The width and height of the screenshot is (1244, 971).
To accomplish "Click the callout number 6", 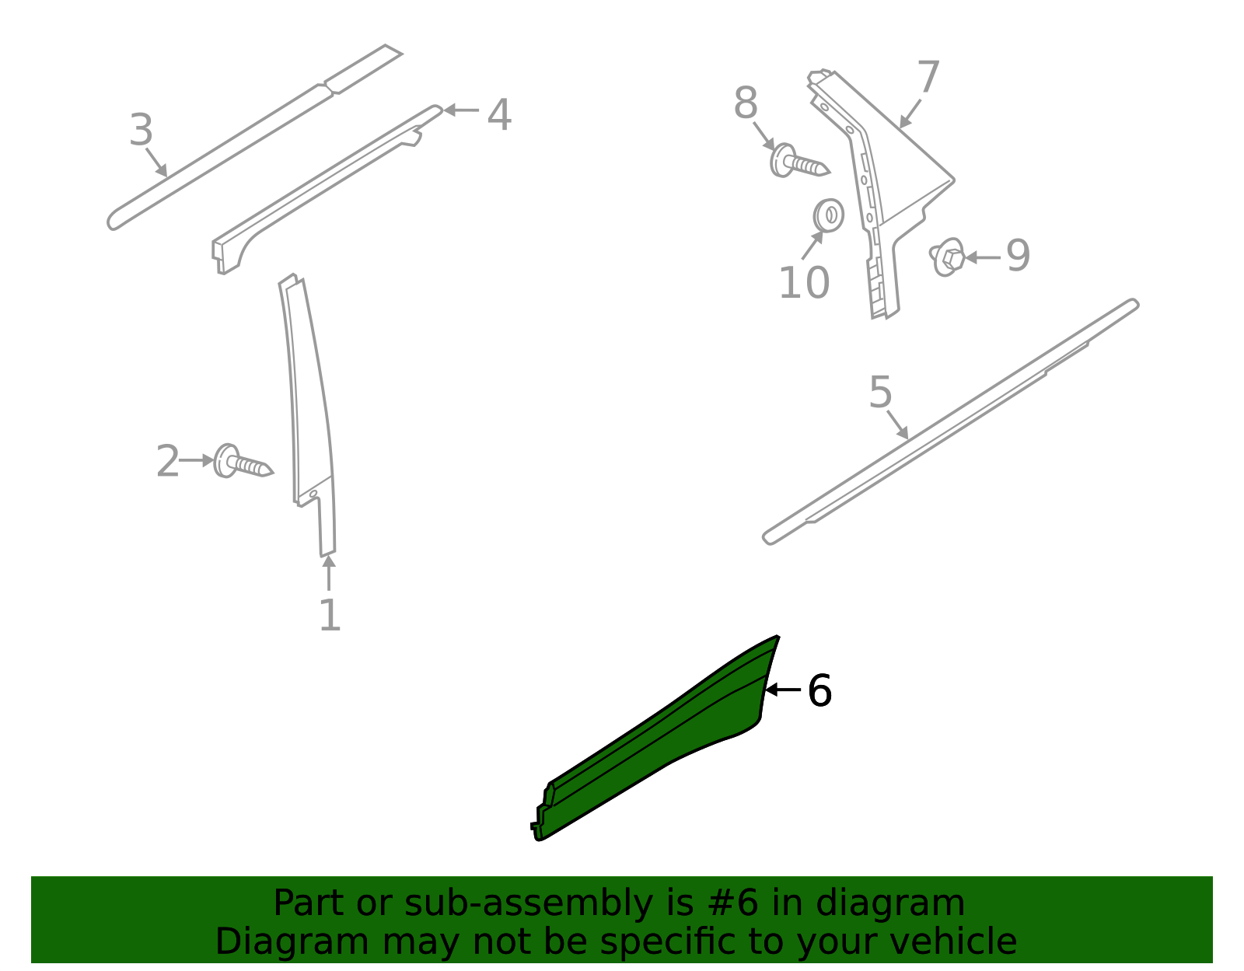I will (x=819, y=690).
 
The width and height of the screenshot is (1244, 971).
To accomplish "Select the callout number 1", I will (x=330, y=616).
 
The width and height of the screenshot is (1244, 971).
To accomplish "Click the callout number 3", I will (x=141, y=131).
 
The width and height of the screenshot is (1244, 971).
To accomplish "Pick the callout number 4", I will (x=499, y=115).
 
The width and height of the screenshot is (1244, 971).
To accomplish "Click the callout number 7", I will (x=928, y=78).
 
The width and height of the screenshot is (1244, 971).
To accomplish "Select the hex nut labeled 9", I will (x=948, y=257).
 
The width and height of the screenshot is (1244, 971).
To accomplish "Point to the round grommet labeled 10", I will (x=828, y=215).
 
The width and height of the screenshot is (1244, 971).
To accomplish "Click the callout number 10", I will (x=804, y=282).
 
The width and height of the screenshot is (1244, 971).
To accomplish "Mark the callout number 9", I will (x=1018, y=255).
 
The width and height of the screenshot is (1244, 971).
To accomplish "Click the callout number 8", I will (x=746, y=103).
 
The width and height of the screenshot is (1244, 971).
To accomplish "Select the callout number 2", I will (x=167, y=462).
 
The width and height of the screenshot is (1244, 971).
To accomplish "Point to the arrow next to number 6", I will (x=782, y=690).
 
